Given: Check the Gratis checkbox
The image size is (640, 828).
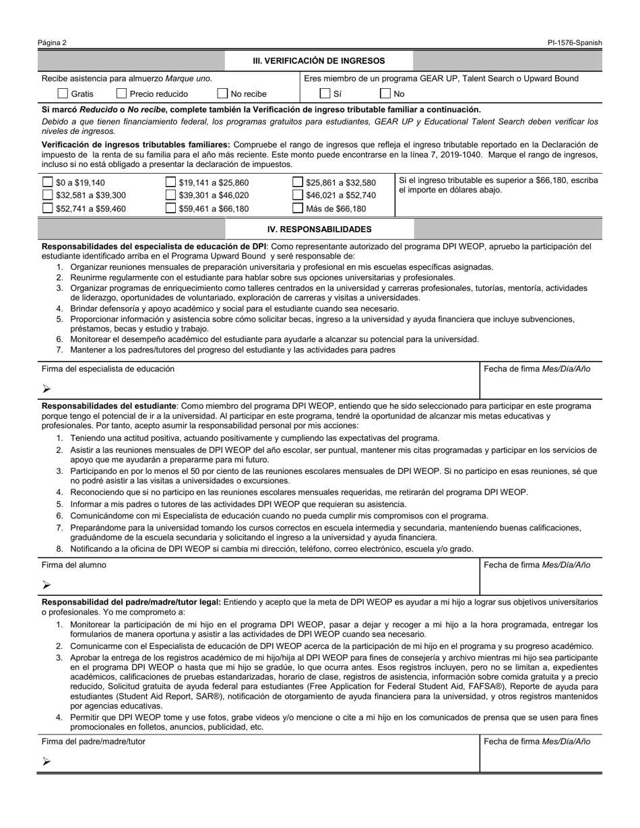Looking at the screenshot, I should [63, 94].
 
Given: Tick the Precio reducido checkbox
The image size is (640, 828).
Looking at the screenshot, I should [122, 94].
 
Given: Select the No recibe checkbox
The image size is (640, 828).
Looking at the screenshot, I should [222, 94].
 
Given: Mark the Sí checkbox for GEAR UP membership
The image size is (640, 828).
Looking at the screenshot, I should [325, 94].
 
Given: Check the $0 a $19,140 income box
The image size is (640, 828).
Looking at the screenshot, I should [48, 182].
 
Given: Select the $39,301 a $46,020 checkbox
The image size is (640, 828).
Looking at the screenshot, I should [171, 195].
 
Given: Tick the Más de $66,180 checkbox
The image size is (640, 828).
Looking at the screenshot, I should [298, 208].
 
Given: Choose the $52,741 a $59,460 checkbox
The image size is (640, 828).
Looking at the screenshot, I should [48, 208].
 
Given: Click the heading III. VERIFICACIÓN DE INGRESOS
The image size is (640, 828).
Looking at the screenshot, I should [319, 61].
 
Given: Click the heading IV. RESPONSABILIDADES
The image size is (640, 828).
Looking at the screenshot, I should [319, 229].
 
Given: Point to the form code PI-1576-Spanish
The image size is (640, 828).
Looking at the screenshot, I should [575, 43].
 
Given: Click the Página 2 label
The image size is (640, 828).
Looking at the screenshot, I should [52, 43].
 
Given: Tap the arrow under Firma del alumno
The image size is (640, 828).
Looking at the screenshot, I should [46, 584].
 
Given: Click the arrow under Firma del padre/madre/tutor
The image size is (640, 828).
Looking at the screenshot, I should [46, 761].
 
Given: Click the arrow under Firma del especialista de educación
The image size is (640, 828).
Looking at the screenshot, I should [46, 388].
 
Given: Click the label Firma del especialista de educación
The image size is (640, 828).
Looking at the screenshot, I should [108, 369].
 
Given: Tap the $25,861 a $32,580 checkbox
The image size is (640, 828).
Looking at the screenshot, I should [298, 182].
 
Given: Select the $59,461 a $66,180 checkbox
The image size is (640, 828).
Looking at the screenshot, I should [171, 208].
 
